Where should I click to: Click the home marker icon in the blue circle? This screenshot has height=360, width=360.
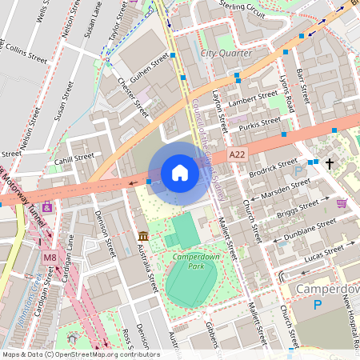180,173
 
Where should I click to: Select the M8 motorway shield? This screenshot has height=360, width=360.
50,257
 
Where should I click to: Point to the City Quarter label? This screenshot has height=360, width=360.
226,53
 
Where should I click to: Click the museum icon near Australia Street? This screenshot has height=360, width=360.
142,237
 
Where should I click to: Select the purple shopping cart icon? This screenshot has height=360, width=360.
342,203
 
